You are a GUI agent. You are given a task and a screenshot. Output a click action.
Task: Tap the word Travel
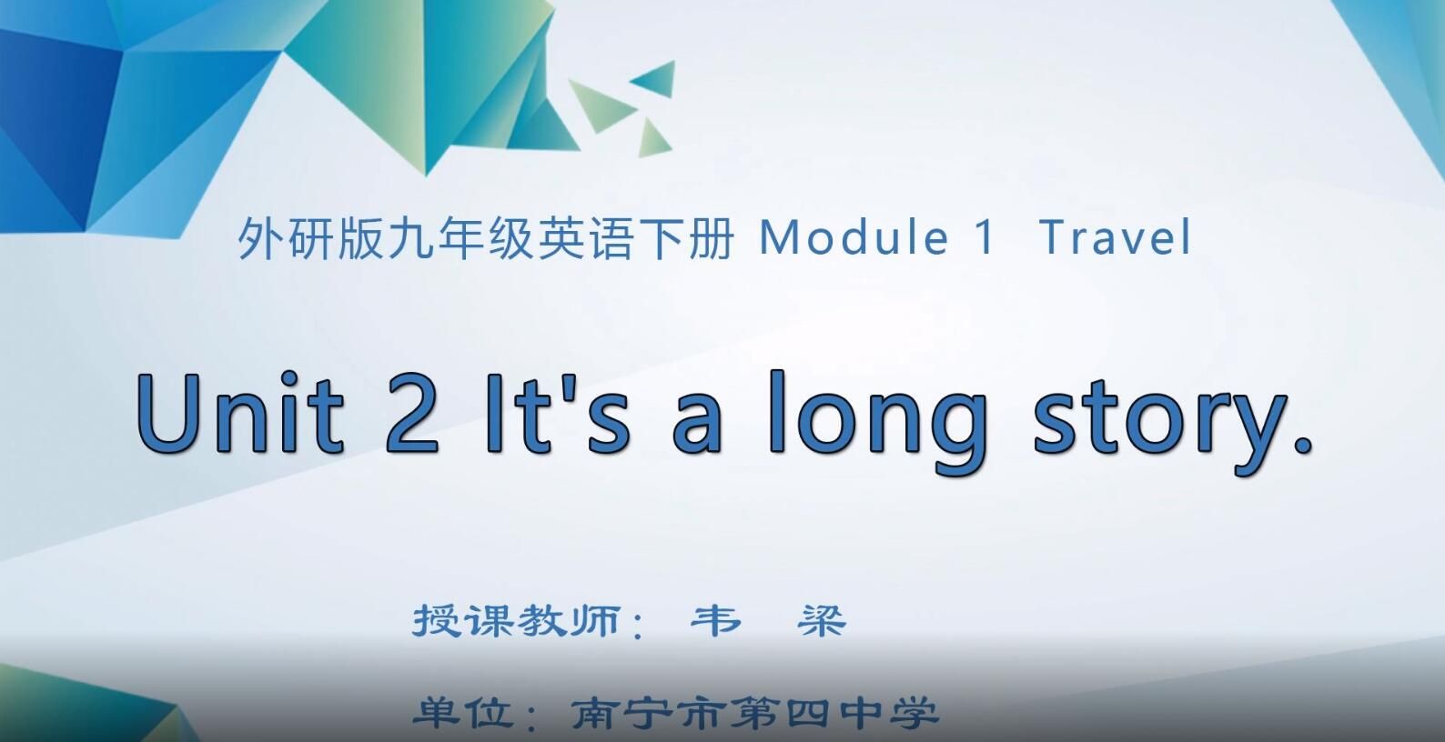1115,238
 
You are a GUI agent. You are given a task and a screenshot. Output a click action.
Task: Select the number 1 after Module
985,238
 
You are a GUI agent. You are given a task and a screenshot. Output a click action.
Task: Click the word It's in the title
554,414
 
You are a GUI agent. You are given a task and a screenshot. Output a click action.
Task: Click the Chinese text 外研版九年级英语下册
485,239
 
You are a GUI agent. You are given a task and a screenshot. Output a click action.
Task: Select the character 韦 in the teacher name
716,621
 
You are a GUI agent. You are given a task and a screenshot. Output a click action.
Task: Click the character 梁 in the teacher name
822,621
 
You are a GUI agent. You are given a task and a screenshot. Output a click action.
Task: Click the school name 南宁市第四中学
754,713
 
